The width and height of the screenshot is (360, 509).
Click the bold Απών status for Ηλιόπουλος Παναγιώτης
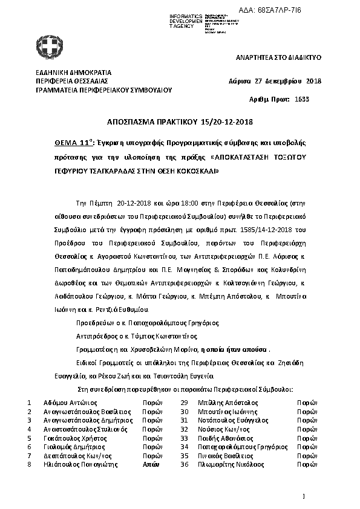[x=150, y=464]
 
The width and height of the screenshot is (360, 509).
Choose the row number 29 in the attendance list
[x=185, y=402]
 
